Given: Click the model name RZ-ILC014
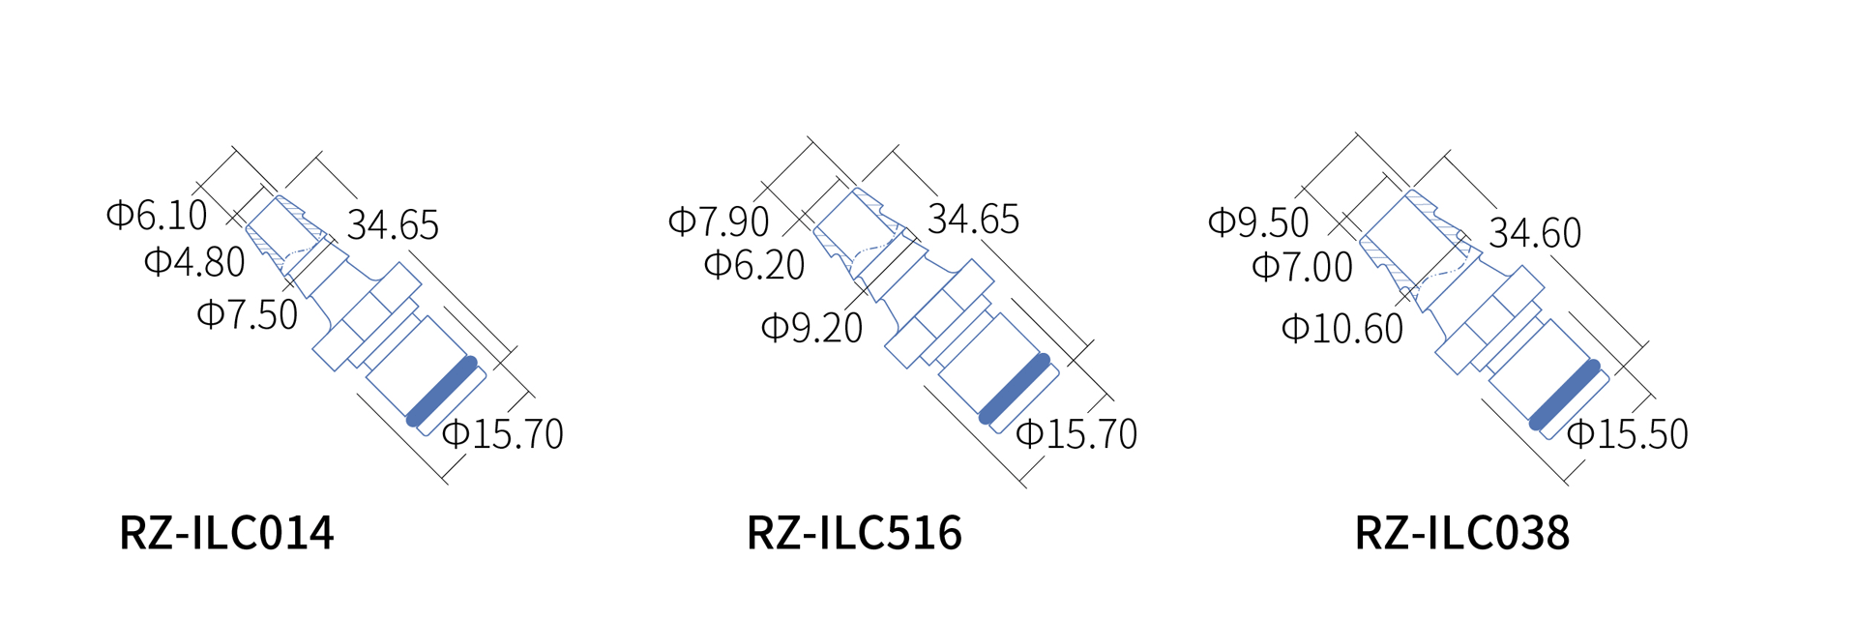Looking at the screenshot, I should [226, 533].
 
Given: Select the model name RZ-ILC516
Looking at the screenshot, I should [854, 533].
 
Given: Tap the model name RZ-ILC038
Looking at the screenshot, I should [1461, 533].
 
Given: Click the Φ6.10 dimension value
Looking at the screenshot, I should [157, 215].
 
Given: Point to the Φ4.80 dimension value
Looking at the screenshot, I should [194, 262].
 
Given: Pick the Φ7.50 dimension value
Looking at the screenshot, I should [248, 314].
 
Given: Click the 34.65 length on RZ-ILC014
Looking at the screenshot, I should [393, 224].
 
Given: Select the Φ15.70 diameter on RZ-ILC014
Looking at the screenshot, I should [503, 433].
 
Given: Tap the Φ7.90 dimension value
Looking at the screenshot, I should [719, 221].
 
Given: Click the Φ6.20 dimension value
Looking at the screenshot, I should [754, 265].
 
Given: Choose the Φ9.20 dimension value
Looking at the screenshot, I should [812, 329].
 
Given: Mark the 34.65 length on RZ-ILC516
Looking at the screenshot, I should [973, 220].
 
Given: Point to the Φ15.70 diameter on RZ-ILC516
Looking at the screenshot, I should [1076, 434].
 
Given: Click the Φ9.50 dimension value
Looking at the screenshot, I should [1258, 222].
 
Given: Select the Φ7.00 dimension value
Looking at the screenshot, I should [1302, 267].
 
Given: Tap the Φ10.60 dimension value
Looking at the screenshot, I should [1342, 329].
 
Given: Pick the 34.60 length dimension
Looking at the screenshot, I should [1535, 233].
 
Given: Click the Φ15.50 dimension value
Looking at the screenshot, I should [1628, 434].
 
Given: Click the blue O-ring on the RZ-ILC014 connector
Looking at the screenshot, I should [442, 391].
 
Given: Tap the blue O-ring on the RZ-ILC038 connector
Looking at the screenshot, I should [1564, 395].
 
